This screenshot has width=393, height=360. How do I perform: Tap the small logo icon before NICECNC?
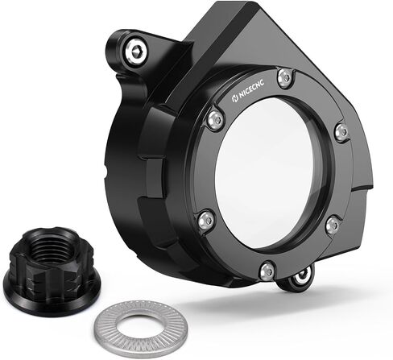tap(234, 98)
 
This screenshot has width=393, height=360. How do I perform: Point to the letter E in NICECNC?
tap(252, 89)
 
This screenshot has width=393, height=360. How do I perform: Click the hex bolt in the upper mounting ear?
tap(136, 52)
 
